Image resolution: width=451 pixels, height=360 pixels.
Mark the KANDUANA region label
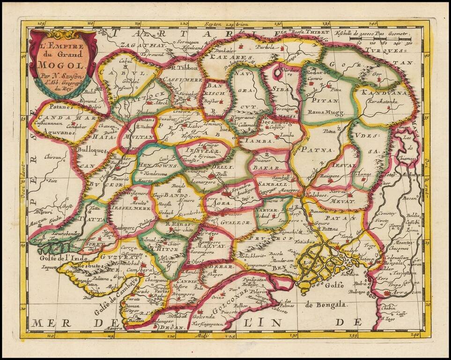pyautogui.click(x=378, y=93)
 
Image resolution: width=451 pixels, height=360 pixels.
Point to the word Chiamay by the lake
pyautogui.click(x=408, y=157)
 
